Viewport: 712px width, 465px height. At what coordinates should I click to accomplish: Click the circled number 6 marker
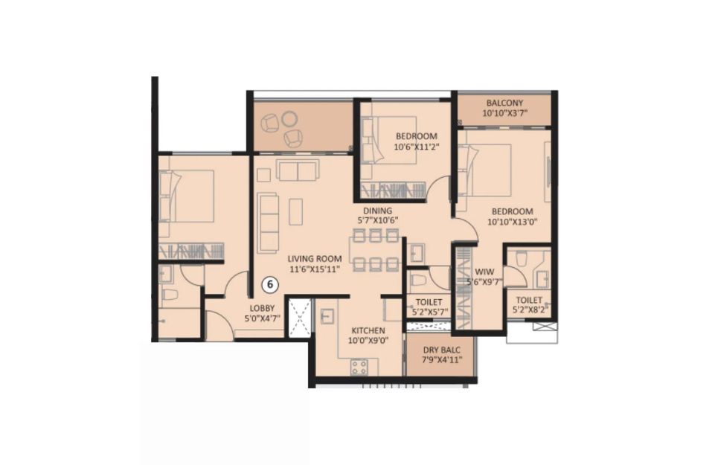pos(270,285)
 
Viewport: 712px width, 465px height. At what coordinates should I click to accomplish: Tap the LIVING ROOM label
pos(315,259)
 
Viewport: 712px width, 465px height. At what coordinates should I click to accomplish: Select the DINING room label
pos(377,211)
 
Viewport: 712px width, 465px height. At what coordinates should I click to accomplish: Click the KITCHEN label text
pos(368,330)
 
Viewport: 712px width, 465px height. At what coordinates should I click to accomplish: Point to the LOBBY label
pos(262,308)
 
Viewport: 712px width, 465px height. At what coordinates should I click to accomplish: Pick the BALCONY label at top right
pos(504,103)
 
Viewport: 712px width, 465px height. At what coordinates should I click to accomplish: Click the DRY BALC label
pos(441,350)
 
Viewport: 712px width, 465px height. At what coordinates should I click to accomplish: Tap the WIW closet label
pos(484,272)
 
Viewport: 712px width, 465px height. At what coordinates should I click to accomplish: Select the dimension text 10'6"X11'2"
pos(417,147)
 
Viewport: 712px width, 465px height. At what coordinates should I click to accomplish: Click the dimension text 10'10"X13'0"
pos(512,222)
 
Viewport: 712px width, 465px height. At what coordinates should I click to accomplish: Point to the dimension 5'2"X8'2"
pos(530,310)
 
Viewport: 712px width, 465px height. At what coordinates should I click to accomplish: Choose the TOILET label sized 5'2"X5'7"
pos(429,302)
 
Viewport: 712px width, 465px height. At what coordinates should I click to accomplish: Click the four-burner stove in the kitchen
pos(359,367)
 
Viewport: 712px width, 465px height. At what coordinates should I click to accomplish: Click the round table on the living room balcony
pos(289,119)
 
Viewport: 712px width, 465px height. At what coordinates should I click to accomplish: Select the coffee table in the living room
pos(296,211)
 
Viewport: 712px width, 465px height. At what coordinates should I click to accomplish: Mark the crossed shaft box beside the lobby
pos(300,318)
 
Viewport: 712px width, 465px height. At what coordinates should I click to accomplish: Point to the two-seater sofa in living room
pos(298,170)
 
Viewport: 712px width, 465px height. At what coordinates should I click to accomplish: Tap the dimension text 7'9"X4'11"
pos(441,360)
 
